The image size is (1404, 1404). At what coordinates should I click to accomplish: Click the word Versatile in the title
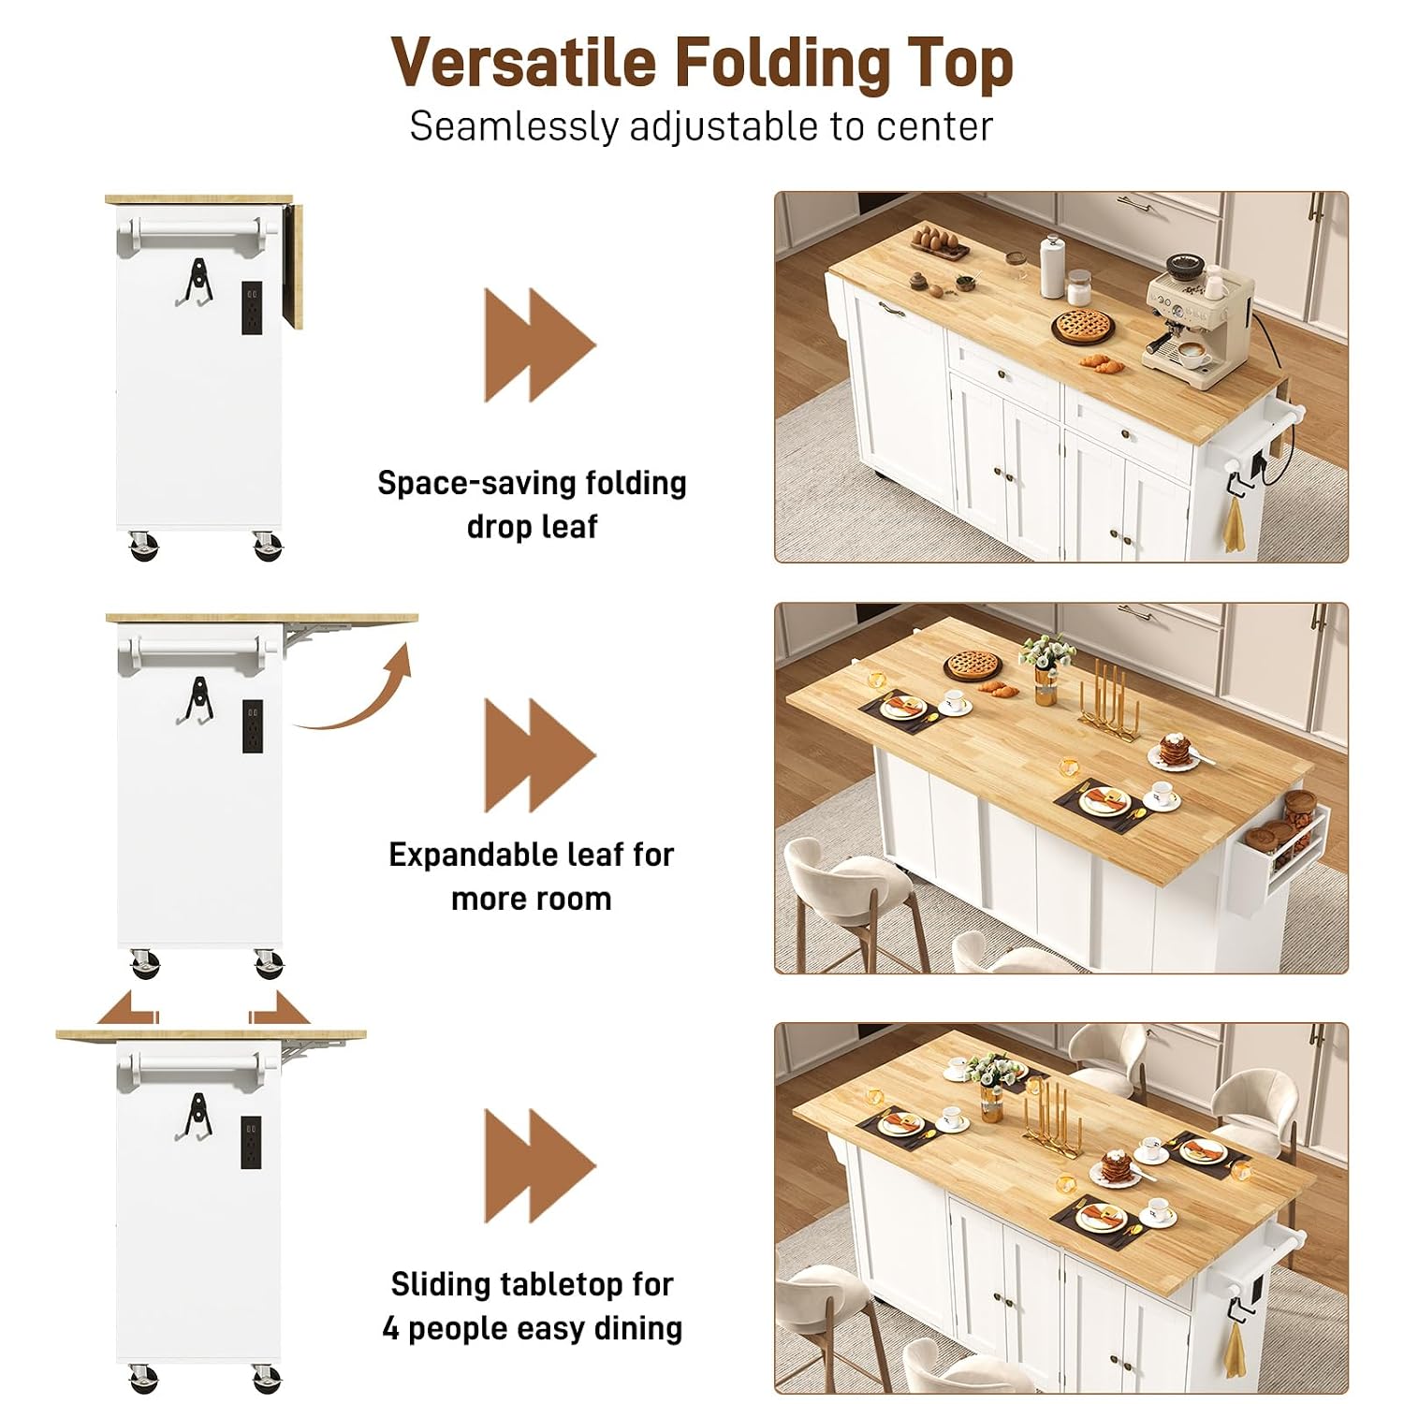523,63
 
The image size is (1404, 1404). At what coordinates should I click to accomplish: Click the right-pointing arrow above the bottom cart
279,1009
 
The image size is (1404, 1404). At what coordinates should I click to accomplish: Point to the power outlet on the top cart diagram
253,309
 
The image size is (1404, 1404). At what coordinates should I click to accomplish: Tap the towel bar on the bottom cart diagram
197,1062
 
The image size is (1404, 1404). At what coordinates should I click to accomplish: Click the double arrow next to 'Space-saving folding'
540,344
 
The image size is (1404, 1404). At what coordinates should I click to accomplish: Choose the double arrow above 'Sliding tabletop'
540,1165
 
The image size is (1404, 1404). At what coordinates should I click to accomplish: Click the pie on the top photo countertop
1083,327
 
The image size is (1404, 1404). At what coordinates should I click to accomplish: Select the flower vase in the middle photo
1046,668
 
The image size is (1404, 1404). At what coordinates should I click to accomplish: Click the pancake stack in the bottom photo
1113,1168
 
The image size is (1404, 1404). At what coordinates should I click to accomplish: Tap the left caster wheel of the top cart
143,546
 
